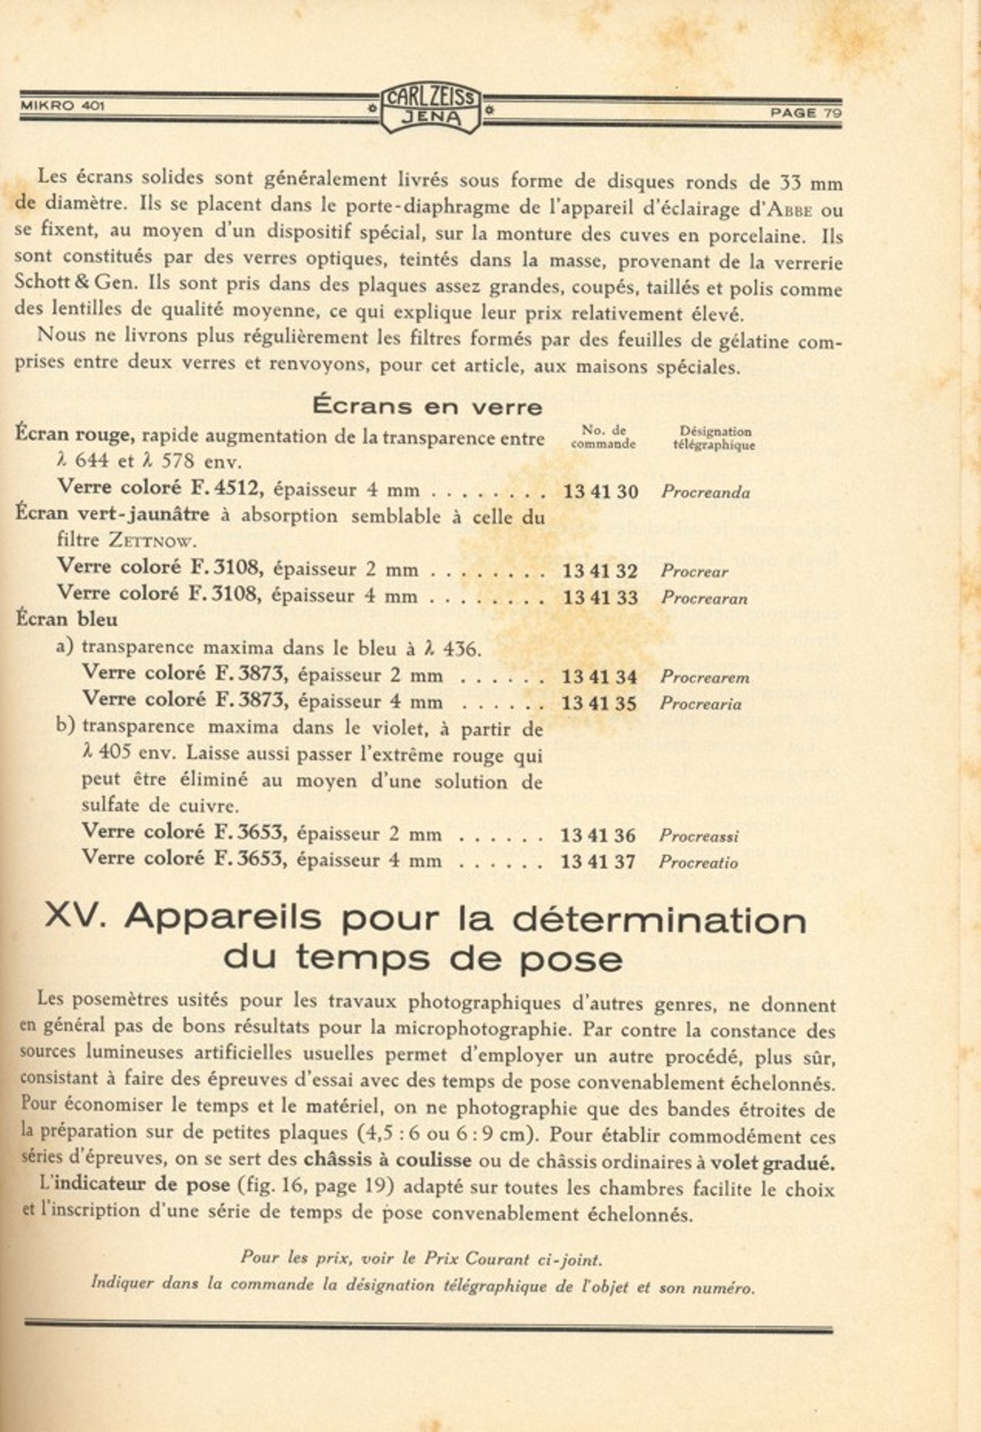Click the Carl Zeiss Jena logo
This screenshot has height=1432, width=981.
tap(431, 107)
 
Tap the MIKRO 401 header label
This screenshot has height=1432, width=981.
tap(62, 106)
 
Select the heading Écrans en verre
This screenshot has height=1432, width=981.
tap(427, 406)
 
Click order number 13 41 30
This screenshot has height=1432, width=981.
tap(600, 491)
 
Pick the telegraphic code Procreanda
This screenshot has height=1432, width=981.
tap(705, 493)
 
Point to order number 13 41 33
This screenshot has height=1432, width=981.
tap(600, 597)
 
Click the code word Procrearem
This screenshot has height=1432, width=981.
tap(704, 677)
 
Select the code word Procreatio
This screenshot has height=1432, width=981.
tap(698, 863)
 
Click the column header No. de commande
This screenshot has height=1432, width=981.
tap(603, 437)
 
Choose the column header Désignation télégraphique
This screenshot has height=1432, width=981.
tap(714, 438)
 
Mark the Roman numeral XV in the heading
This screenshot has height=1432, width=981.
tap(74, 916)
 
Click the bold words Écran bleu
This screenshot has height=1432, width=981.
tap(66, 619)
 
